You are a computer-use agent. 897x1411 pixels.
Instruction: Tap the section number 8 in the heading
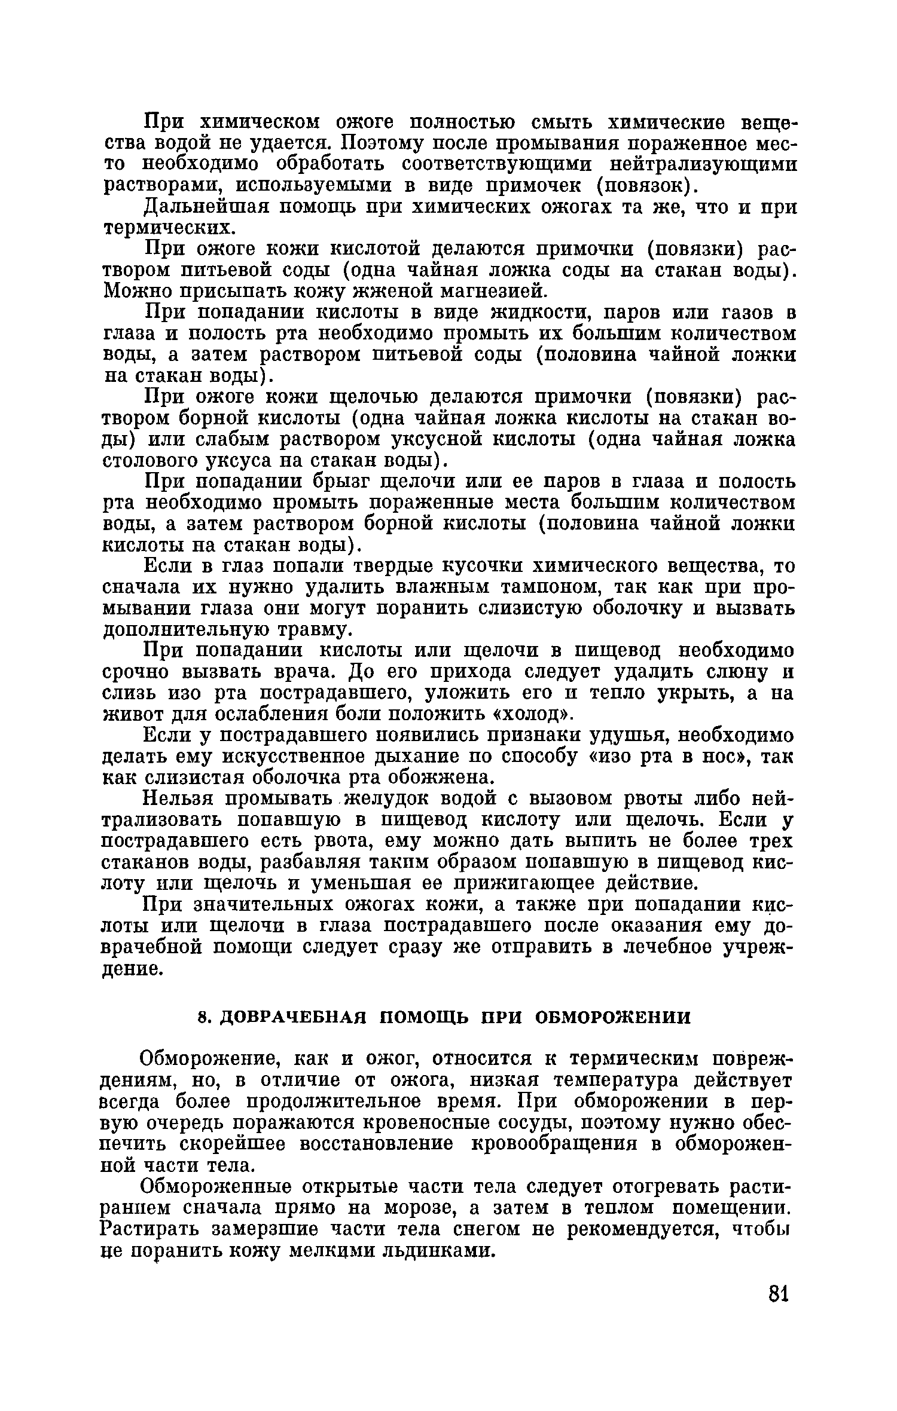pos(203,1018)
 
